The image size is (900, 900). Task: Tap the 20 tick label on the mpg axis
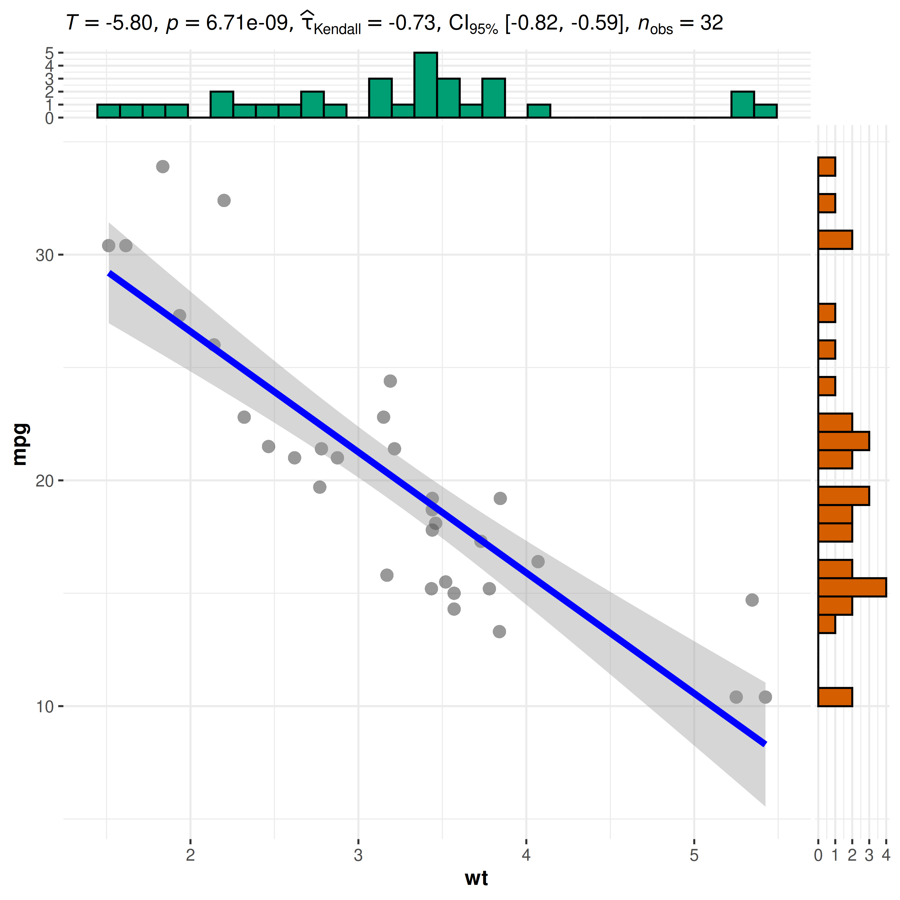click(x=45, y=481)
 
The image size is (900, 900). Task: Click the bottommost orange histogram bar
click(x=835, y=697)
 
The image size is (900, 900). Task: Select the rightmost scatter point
click(x=765, y=697)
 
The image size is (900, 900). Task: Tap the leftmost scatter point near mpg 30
click(x=108, y=245)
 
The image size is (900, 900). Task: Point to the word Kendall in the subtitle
click(x=337, y=29)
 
